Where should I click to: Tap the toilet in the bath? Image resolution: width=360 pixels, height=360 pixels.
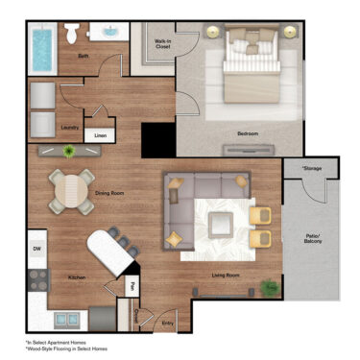[x=72, y=36]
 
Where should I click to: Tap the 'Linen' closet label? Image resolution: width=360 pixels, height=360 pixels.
[x=100, y=135]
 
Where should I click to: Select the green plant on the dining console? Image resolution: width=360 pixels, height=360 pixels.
[x=68, y=151]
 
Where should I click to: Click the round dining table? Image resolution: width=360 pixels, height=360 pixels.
[x=73, y=190]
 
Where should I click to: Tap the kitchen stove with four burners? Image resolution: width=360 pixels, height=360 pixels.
[x=36, y=279]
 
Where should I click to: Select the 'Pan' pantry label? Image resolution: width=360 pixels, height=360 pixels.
[x=131, y=284]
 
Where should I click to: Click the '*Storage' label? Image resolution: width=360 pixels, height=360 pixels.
[x=313, y=169]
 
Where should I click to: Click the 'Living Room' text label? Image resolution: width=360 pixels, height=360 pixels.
[x=226, y=276]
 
